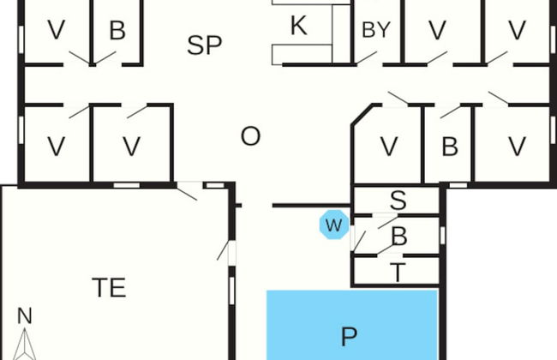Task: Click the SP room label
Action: (204, 45)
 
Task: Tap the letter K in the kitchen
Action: (298, 26)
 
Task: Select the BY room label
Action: (375, 30)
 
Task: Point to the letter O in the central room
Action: (250, 136)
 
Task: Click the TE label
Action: (109, 288)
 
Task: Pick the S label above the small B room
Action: (398, 201)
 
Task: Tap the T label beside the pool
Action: (398, 273)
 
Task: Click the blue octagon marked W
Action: (333, 226)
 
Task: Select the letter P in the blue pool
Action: (348, 336)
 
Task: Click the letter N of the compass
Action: (24, 316)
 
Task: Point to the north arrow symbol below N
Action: (24, 345)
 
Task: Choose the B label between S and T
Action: (398, 237)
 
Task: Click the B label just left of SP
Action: (117, 31)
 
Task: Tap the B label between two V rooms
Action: (449, 147)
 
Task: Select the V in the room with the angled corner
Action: (388, 147)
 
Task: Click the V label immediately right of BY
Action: (438, 31)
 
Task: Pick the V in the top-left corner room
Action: (57, 31)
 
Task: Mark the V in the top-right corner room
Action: (517, 31)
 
